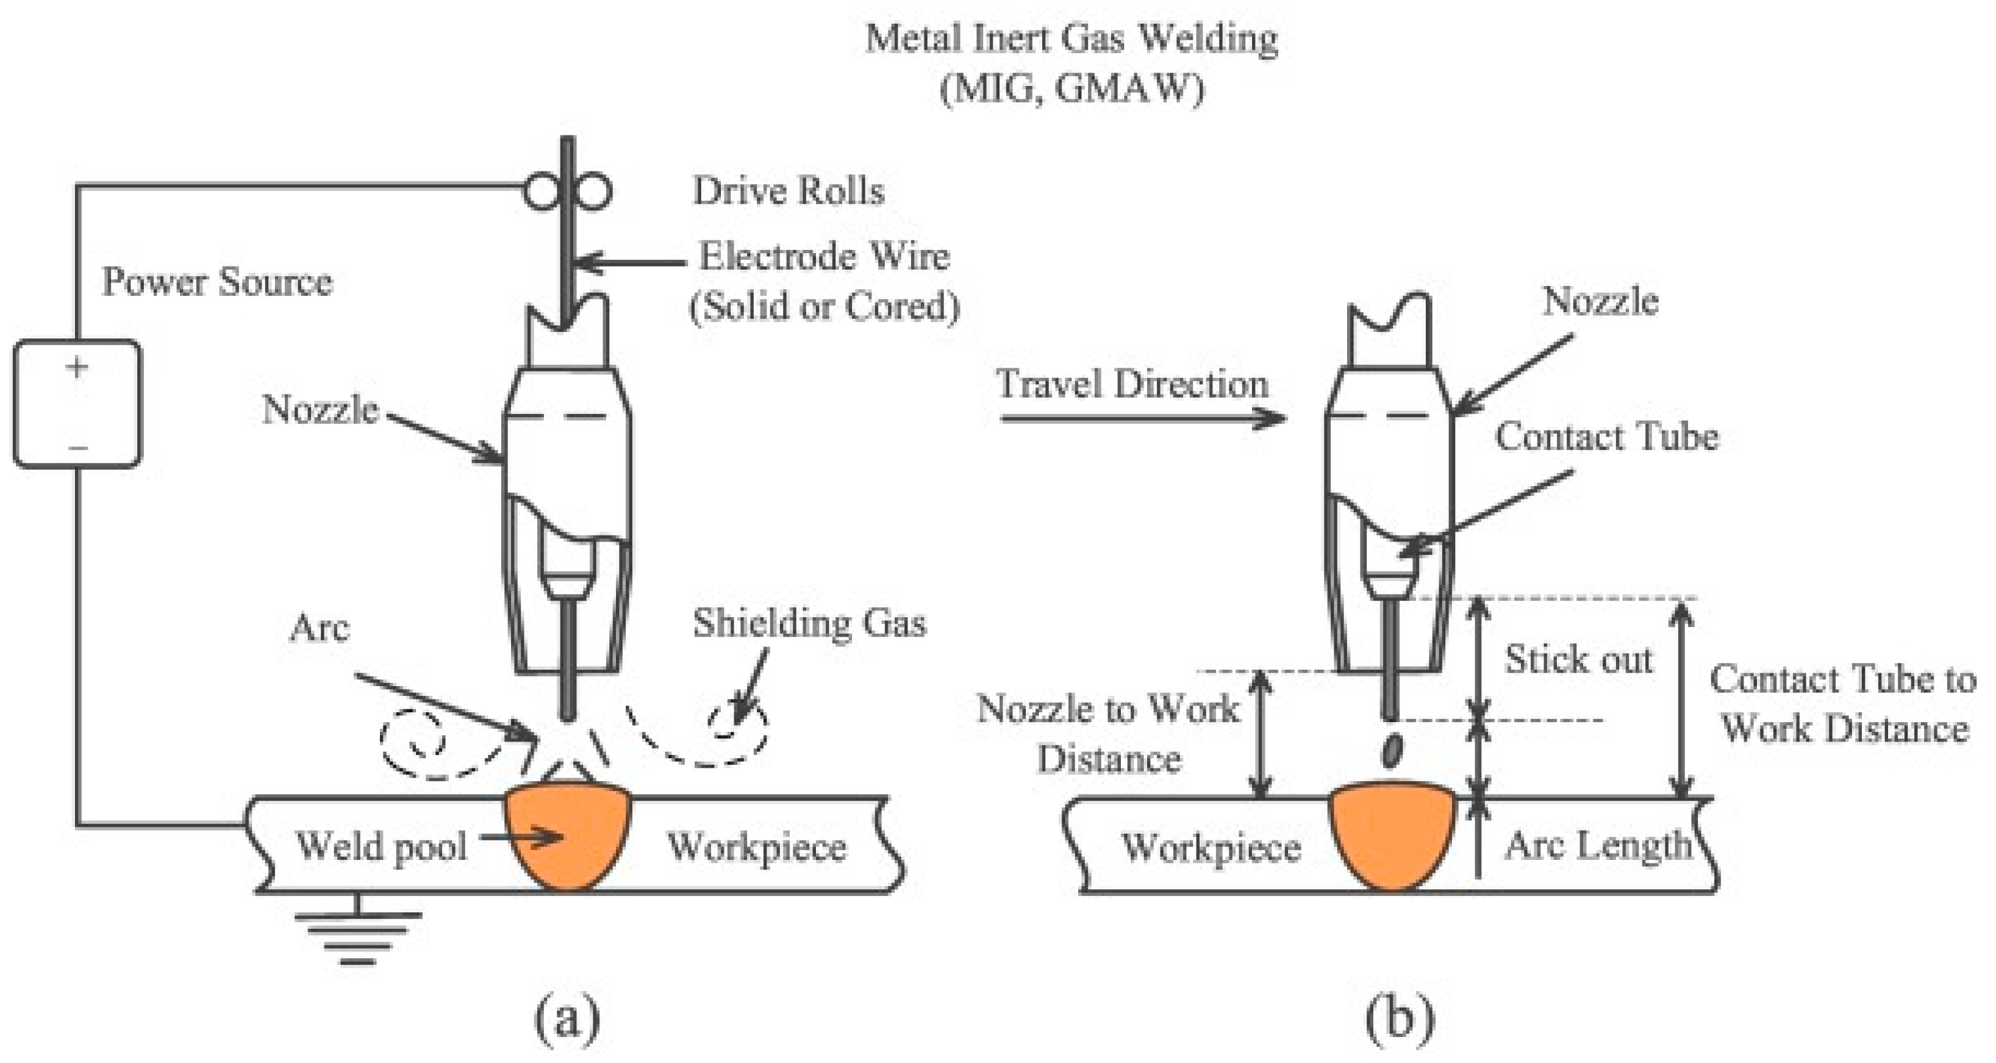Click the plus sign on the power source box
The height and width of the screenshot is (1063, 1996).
(x=77, y=367)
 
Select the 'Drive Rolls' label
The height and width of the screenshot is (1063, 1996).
(x=788, y=191)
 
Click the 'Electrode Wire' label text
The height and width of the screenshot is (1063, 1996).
(x=825, y=257)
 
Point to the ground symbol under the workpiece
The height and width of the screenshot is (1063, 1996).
(x=357, y=929)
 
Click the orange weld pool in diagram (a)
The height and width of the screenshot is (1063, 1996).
(x=568, y=837)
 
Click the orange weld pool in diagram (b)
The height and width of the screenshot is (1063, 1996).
(x=1392, y=837)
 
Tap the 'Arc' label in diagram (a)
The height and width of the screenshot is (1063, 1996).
(x=319, y=628)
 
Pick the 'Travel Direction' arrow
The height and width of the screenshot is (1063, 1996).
(x=1143, y=418)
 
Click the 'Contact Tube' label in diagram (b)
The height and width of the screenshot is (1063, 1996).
(x=1607, y=436)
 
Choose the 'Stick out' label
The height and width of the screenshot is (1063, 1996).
(x=1578, y=659)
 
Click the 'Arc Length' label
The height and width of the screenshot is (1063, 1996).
(x=1598, y=845)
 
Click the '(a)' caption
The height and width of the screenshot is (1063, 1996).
(x=567, y=1020)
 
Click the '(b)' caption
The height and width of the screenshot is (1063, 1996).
(x=1400, y=1020)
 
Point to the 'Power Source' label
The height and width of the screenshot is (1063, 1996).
(x=217, y=281)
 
